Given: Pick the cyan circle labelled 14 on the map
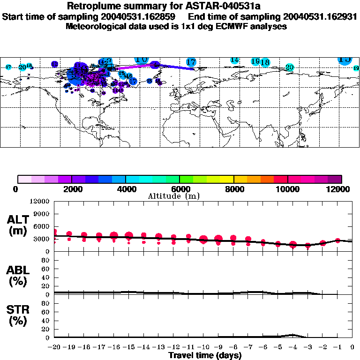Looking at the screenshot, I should (x=235, y=60).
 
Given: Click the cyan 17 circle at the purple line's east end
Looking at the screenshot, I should (x=191, y=62).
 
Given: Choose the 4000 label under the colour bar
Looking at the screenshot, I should (x=125, y=189).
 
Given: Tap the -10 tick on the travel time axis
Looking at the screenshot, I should (x=203, y=347).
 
